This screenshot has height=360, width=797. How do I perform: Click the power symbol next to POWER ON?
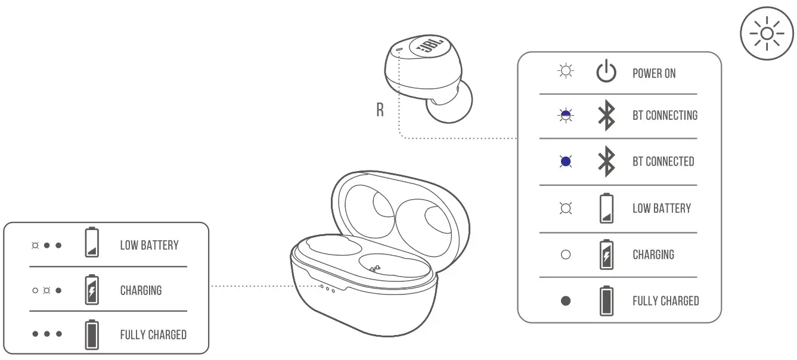point(606,73)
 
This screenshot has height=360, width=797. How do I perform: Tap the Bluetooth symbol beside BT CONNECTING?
point(606,116)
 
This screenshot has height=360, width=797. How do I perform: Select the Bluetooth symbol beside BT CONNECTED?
point(606,162)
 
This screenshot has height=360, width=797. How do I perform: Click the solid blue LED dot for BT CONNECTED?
point(566,162)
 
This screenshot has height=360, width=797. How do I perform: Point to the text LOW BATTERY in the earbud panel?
point(661,208)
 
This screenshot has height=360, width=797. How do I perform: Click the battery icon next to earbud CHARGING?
point(606,255)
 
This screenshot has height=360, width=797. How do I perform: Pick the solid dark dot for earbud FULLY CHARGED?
point(566,301)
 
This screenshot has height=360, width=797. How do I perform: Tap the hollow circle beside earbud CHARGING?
point(566,255)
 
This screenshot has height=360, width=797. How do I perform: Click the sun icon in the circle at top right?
point(767,33)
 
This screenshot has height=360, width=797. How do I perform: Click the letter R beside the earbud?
point(380,111)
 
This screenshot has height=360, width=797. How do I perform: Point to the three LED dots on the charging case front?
point(327,288)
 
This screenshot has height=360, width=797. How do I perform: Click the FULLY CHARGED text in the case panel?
point(153,334)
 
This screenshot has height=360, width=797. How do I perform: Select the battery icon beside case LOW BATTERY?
point(91,243)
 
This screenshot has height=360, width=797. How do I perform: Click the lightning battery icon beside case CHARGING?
point(91,290)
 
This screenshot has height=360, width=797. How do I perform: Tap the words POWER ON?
point(654,73)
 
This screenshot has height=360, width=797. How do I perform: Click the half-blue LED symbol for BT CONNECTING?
point(566,116)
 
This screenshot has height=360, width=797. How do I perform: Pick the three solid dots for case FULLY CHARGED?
point(47,334)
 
